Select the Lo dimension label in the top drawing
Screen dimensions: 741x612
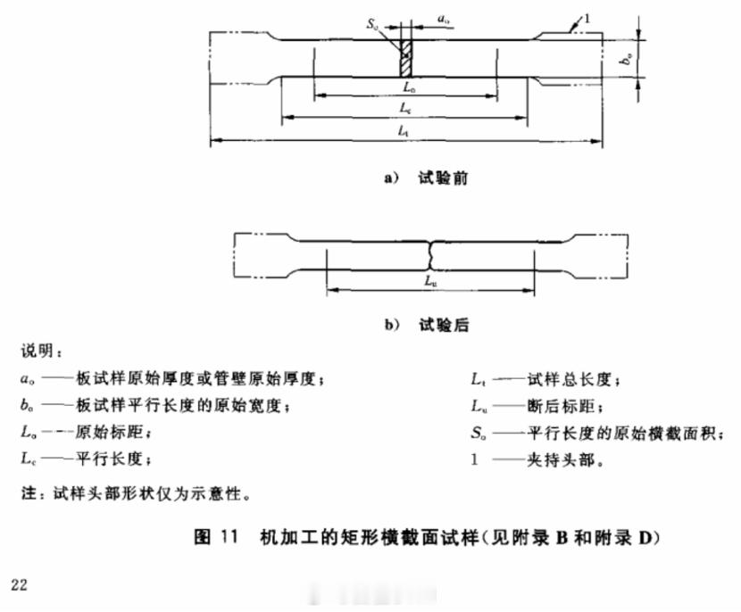(x=406, y=87)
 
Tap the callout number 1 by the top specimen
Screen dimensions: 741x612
(x=587, y=15)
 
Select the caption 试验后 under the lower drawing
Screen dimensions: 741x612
(x=443, y=326)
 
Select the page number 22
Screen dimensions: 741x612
(x=20, y=584)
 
